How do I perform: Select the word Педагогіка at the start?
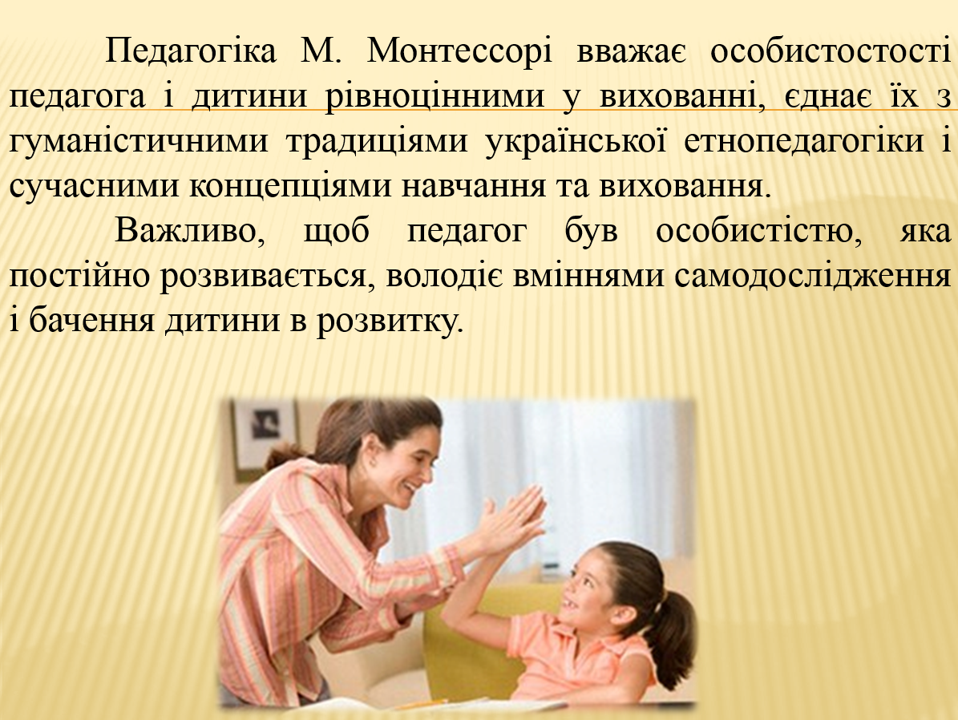click(192, 53)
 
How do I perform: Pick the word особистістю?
click(753, 232)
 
